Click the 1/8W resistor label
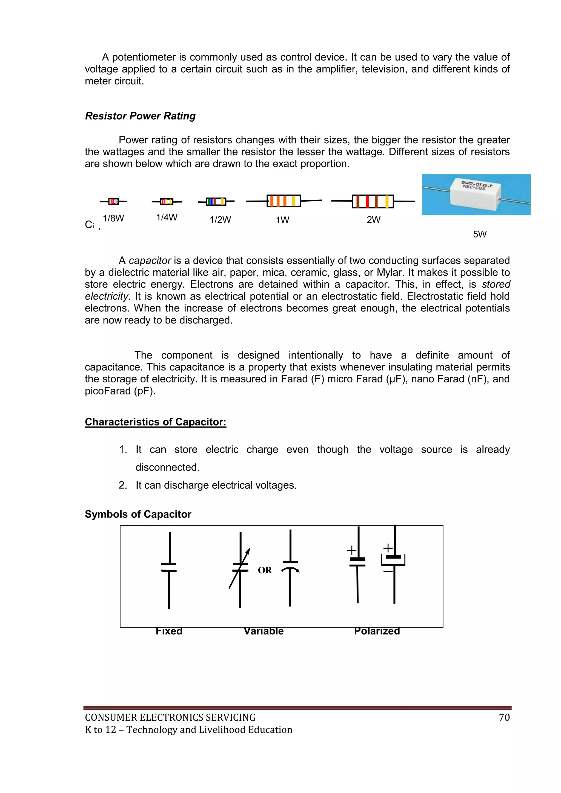tap(113, 218)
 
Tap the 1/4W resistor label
tap(167, 217)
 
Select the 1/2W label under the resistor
tap(221, 220)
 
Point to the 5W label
tap(479, 234)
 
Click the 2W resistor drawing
tap(373, 201)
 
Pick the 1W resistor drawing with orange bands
tap(284, 201)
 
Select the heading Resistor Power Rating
tap(140, 116)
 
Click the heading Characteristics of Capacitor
tap(155, 422)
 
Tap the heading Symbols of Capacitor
tap(138, 514)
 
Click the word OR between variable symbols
tap(265, 570)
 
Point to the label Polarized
tap(377, 631)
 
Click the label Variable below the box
tap(264, 631)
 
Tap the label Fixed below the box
tap(169, 631)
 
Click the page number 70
tap(504, 717)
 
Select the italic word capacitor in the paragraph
tap(150, 260)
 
